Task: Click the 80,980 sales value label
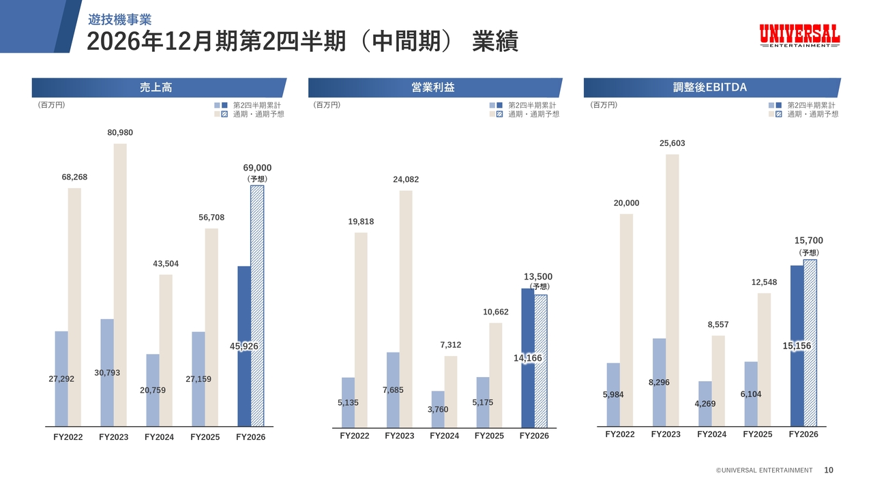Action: click(x=120, y=132)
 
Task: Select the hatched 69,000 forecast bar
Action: click(x=257, y=306)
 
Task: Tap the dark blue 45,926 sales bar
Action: click(x=244, y=346)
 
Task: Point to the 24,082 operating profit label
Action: click(x=406, y=179)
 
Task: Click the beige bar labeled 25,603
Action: click(x=672, y=290)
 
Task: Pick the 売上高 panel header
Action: click(x=156, y=87)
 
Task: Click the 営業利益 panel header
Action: click(x=433, y=87)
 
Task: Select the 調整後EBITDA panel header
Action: click(x=710, y=87)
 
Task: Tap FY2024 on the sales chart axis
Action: click(x=159, y=437)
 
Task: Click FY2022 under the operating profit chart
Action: click(x=354, y=436)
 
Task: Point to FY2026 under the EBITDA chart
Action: click(x=803, y=434)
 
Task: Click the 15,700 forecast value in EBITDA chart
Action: click(x=809, y=241)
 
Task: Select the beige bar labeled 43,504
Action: click(x=166, y=351)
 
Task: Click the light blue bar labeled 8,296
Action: click(x=659, y=383)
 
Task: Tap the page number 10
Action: click(x=829, y=470)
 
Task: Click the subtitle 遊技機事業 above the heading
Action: click(x=119, y=20)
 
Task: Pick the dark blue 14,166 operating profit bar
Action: click(x=528, y=358)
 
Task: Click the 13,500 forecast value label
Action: click(x=538, y=277)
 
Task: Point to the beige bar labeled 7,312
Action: click(x=451, y=391)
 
